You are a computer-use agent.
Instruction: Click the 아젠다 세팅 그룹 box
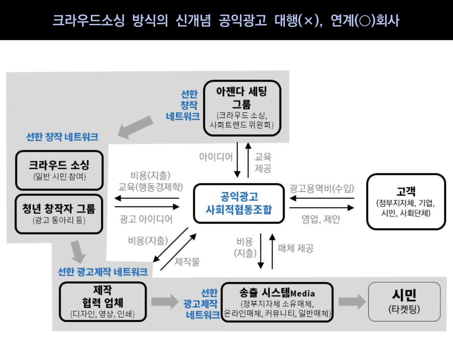tap(242, 108)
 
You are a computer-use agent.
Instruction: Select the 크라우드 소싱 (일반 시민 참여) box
tap(59, 170)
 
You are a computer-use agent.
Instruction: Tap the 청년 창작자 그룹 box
tap(59, 214)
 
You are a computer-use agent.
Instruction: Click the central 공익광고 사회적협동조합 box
tap(239, 203)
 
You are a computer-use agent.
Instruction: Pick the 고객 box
tap(406, 202)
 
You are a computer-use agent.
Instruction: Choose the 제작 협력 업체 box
tap(103, 302)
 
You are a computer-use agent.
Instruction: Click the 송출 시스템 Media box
tap(277, 302)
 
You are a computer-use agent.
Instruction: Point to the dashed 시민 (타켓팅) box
tap(404, 302)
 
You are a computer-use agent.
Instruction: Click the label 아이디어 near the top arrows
tap(216, 157)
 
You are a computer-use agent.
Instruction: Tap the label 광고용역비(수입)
tap(322, 188)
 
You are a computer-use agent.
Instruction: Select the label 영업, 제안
tap(321, 219)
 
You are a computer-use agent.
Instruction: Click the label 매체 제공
tap(296, 248)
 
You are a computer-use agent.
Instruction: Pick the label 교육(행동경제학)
tap(151, 187)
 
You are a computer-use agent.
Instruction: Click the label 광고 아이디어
tap(146, 219)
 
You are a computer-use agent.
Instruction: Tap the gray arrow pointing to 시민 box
tap(352, 302)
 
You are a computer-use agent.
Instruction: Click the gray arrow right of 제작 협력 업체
tap(165, 302)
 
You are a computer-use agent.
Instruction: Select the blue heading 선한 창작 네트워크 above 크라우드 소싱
tap(62, 137)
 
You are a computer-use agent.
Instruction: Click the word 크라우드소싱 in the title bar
tap(89, 20)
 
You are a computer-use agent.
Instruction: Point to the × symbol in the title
tap(309, 21)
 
